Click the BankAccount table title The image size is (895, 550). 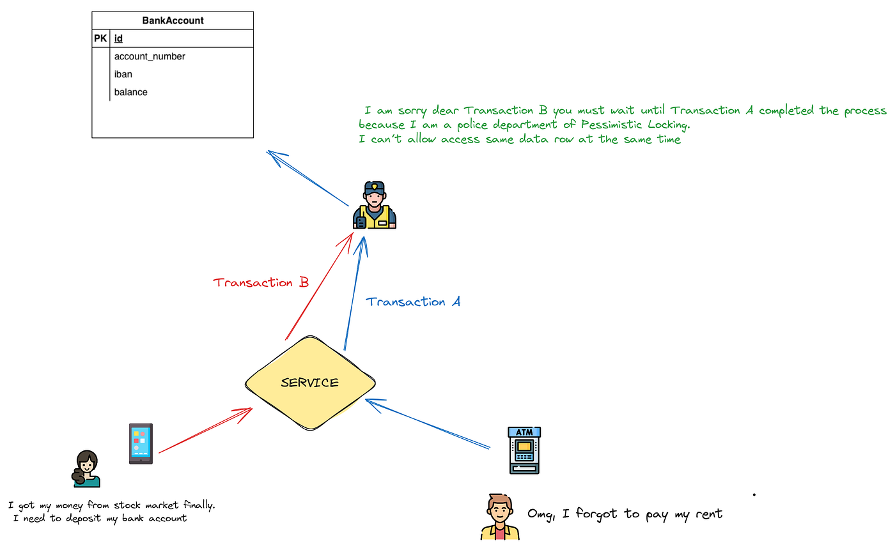point(173,20)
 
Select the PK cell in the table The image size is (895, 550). point(100,38)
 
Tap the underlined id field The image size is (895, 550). point(118,38)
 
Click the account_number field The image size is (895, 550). point(150,56)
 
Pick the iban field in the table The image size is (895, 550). point(123,74)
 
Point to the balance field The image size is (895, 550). point(130,92)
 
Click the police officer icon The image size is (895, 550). point(375,205)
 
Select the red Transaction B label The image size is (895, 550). point(261,282)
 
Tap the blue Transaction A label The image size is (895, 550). point(413,302)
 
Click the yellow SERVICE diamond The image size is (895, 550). point(310,383)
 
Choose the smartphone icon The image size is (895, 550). point(141,444)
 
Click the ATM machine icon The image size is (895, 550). point(524,450)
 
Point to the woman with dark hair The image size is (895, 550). point(86,469)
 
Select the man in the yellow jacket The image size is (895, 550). point(500,517)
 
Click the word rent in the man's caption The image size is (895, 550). point(709,514)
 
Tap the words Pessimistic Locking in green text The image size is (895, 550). point(635,125)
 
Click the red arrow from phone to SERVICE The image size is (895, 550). point(205,431)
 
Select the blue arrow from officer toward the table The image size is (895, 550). point(307,178)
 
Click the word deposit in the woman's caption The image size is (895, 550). point(83,519)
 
